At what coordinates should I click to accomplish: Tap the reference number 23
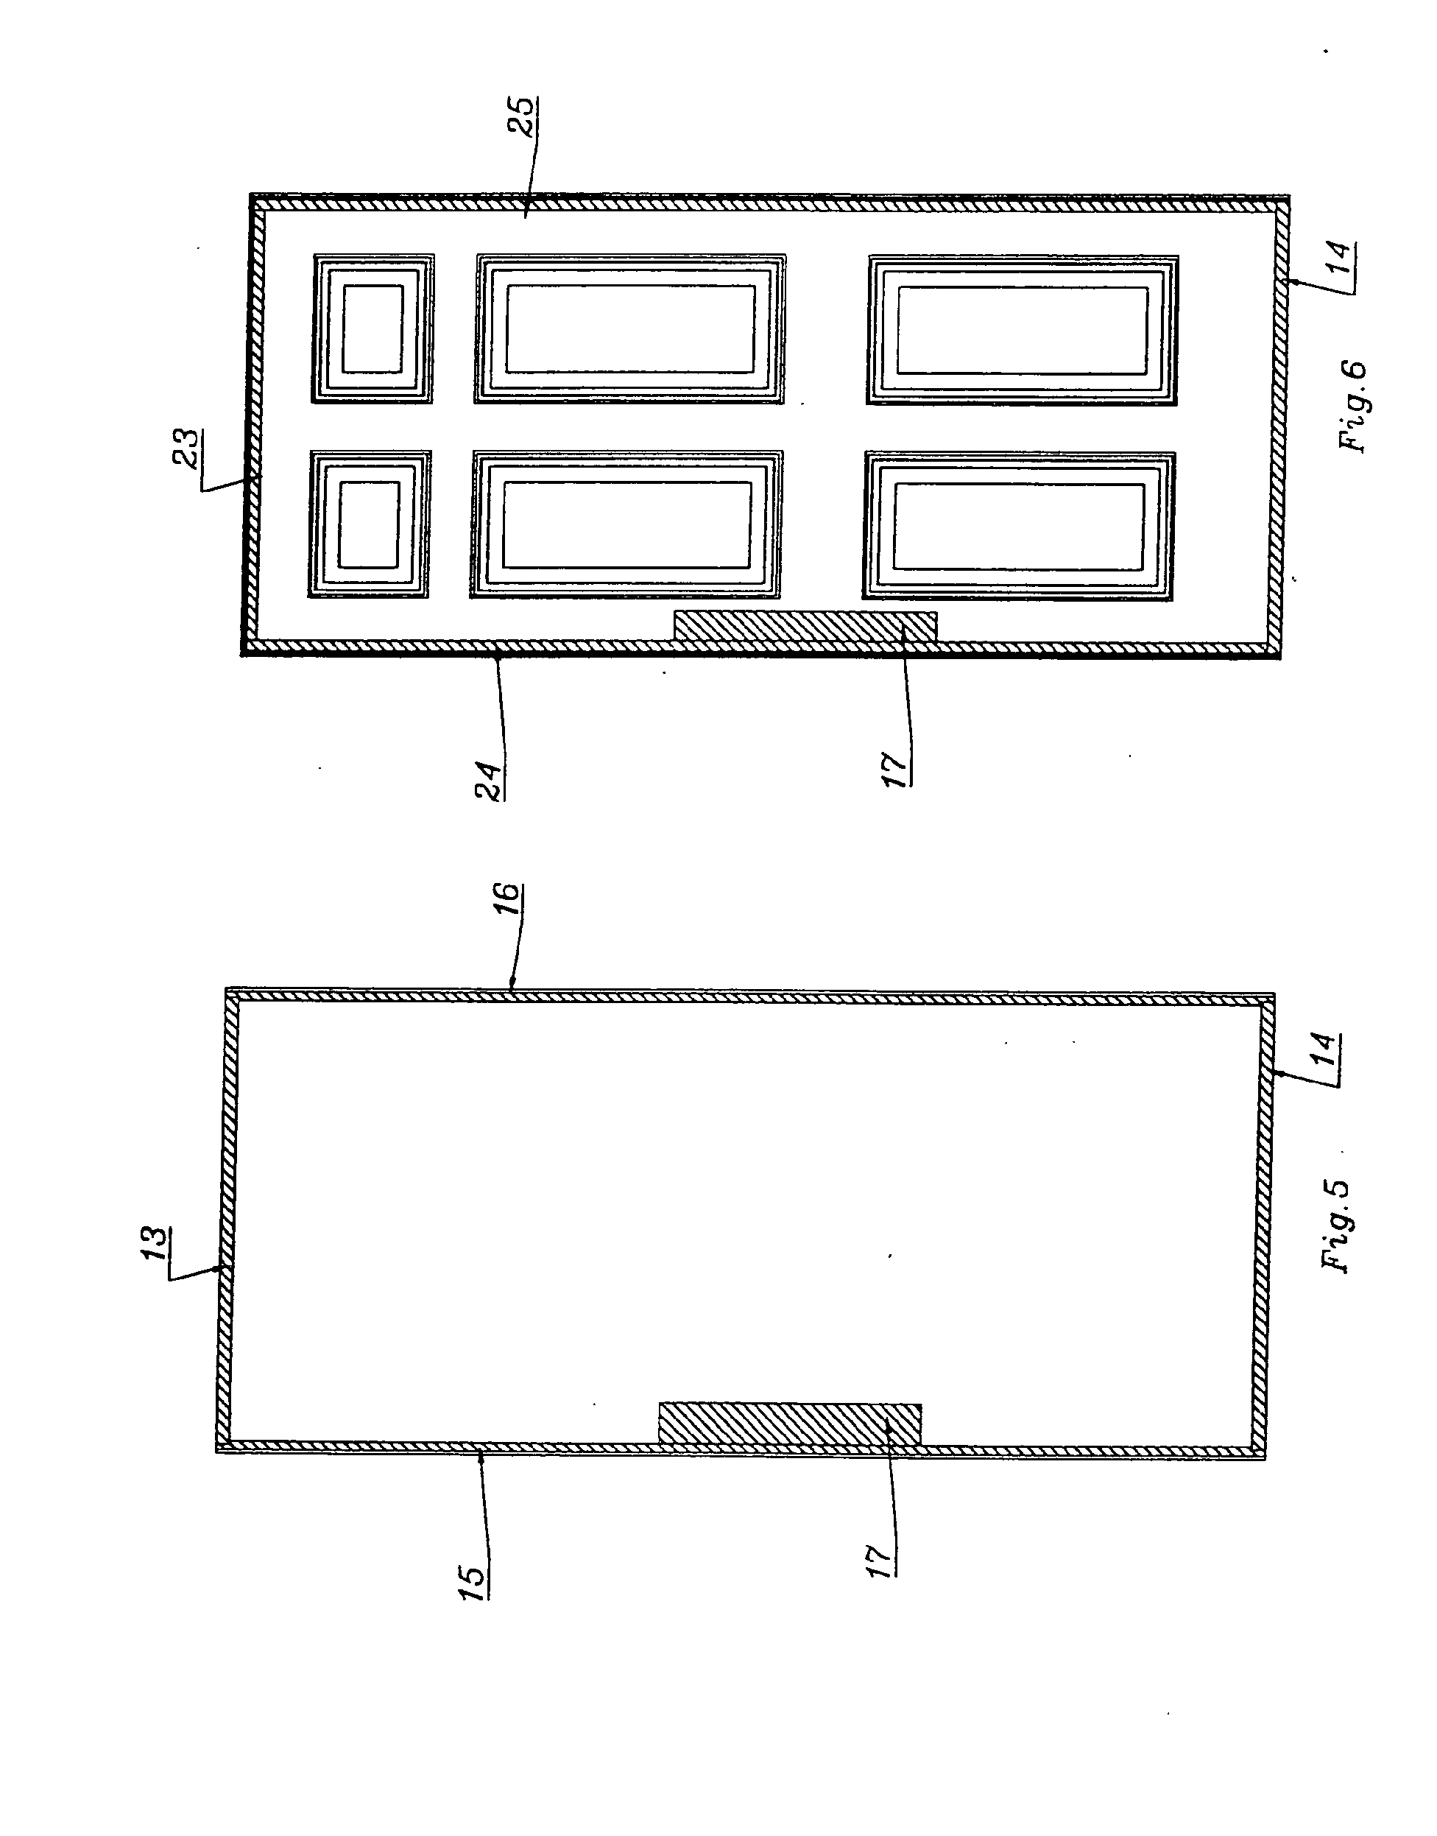coord(188,448)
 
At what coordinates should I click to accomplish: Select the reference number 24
coord(489,781)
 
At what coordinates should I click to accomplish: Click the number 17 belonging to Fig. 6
coord(896,767)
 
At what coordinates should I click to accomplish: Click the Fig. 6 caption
coord(1354,407)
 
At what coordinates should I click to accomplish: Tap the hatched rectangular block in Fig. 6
coord(805,626)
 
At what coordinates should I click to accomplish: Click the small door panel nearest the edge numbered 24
coord(370,524)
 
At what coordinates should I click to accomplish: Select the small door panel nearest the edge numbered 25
coord(373,329)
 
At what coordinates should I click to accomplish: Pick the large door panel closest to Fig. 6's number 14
coord(1023,331)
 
